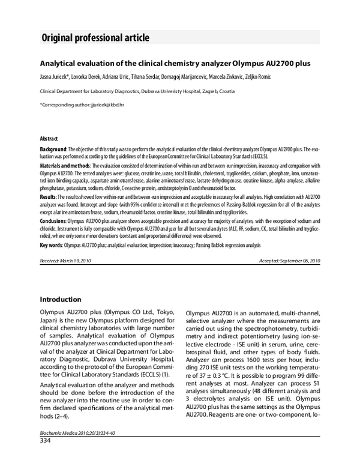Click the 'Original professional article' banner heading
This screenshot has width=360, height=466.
[95, 38]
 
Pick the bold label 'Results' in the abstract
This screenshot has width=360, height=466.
[49, 196]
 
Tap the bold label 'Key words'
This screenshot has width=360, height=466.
[52, 245]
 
